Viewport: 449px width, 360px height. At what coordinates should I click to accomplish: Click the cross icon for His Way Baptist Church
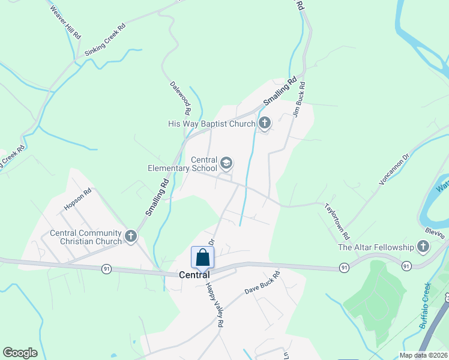264,124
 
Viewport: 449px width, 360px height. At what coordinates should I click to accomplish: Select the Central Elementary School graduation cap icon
226,163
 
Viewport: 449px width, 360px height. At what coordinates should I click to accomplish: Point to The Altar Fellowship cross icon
423,247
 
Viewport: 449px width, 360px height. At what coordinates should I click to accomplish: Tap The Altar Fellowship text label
376,247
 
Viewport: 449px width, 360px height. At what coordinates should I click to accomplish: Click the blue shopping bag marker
203,257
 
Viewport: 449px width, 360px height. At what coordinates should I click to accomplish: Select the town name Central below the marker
194,275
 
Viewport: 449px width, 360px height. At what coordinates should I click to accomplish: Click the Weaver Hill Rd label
65,23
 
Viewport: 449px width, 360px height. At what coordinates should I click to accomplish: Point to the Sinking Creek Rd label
106,40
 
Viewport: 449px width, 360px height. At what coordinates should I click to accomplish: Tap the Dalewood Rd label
179,98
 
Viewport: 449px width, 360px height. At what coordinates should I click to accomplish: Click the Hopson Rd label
78,200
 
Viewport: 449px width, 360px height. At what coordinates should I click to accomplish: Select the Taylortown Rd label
337,220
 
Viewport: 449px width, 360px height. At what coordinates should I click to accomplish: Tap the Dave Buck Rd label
262,284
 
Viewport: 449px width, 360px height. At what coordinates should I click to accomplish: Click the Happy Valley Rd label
214,305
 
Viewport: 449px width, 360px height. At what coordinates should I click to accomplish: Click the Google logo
20,353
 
